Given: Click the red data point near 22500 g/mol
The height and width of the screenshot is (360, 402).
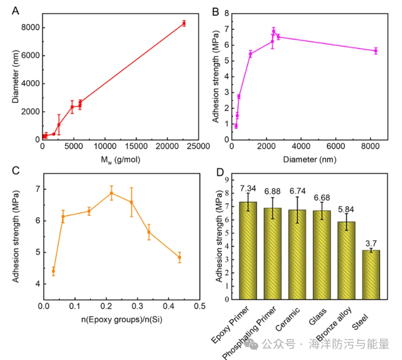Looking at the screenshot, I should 184,23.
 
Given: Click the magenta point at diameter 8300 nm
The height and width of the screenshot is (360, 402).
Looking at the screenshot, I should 376,51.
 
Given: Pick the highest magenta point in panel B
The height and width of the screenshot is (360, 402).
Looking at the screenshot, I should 274,32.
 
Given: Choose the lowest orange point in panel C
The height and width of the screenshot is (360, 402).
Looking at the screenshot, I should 53,271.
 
